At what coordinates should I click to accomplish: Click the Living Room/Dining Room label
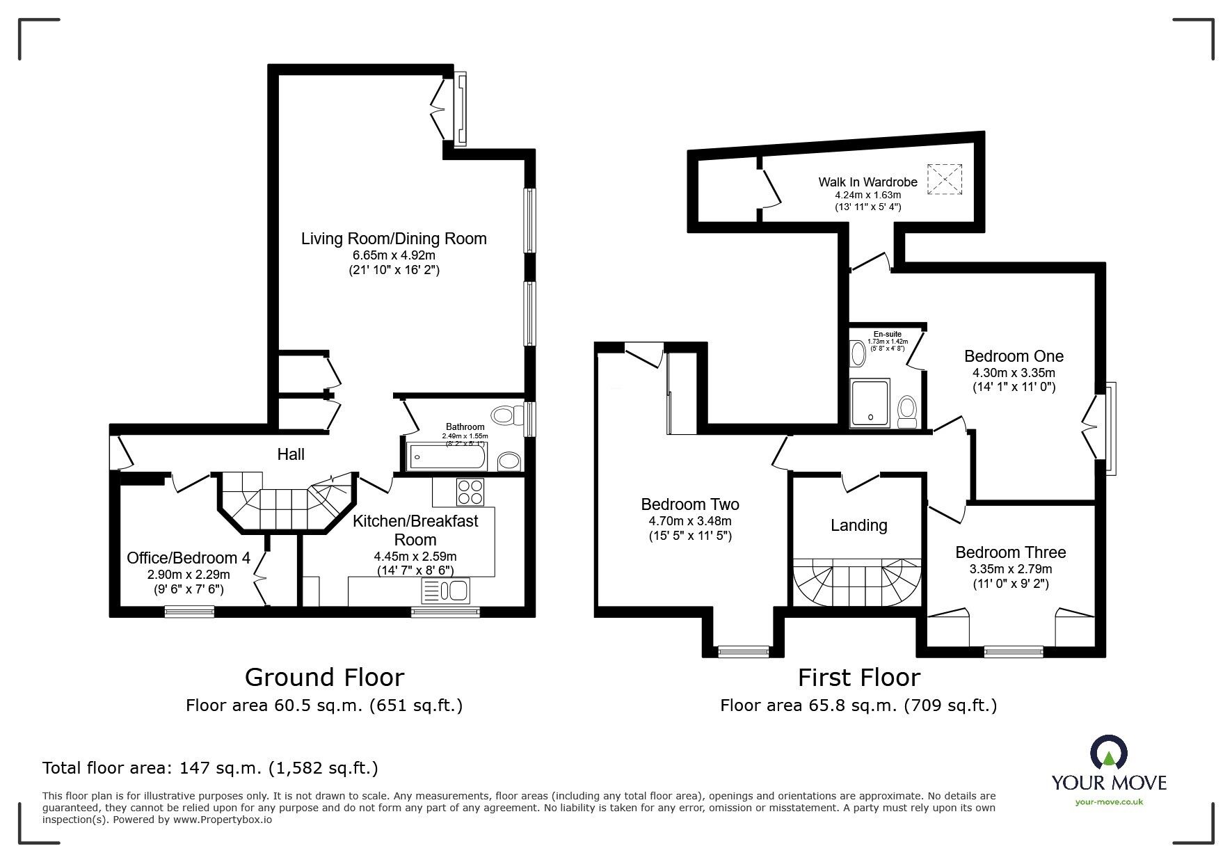(393, 239)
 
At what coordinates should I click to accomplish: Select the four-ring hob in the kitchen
(470, 492)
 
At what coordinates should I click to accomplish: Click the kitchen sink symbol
(445, 591)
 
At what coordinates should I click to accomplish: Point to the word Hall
(291, 454)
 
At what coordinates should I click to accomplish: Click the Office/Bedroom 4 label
(188, 558)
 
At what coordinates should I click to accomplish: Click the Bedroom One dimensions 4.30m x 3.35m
(1014, 373)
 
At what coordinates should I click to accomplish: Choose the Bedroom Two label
(689, 504)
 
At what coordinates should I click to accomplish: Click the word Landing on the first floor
(858, 525)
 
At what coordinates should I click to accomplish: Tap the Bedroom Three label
(1010, 552)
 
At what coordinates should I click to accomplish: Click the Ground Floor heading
(324, 677)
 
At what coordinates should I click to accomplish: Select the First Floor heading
(858, 677)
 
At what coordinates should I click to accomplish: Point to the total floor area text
(210, 768)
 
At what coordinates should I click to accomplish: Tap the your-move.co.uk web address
(1109, 802)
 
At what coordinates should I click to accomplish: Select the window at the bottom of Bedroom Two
(744, 652)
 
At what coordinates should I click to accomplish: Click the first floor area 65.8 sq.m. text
(858, 705)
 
